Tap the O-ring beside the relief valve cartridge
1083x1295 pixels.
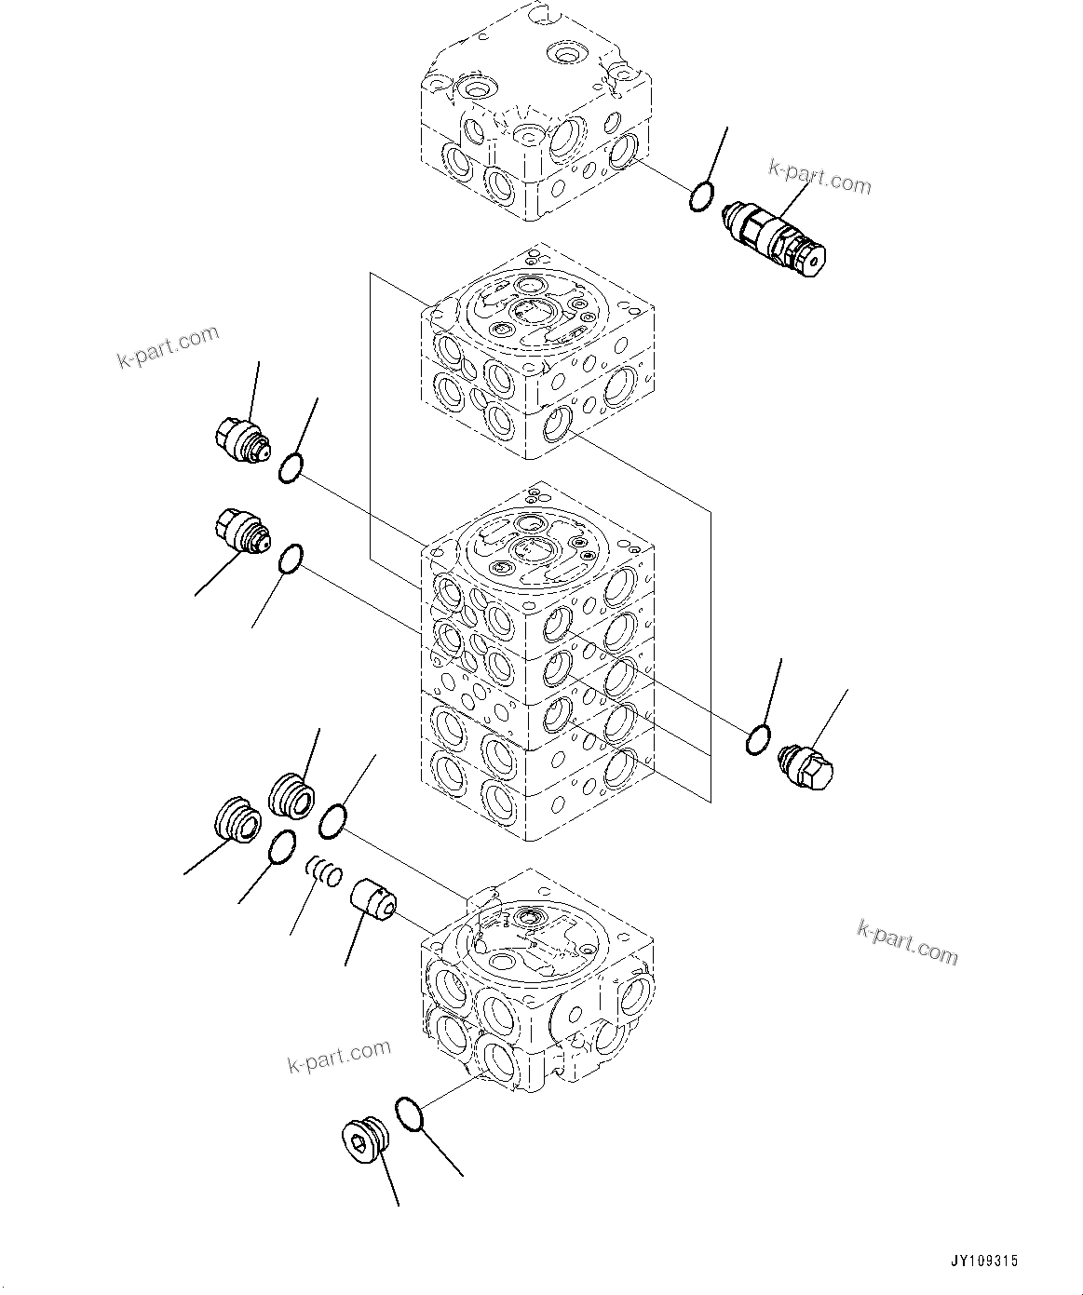point(701,196)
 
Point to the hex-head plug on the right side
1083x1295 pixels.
point(806,766)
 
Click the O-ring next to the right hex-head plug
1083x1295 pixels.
point(758,739)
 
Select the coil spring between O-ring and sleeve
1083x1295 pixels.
point(325,872)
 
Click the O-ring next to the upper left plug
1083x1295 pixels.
point(290,468)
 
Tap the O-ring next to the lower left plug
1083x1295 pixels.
point(291,560)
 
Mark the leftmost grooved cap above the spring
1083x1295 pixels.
point(235,820)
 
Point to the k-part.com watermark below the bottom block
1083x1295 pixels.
point(338,1057)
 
